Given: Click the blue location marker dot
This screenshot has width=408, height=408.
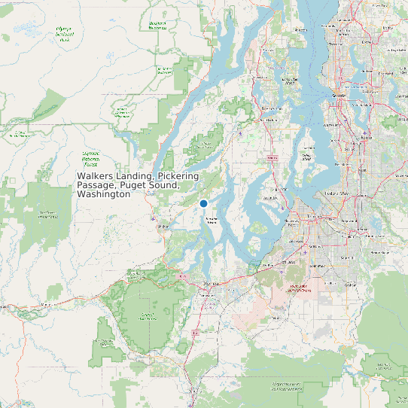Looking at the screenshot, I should coord(203,203).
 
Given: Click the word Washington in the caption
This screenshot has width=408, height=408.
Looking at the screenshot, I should coord(104,194).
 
